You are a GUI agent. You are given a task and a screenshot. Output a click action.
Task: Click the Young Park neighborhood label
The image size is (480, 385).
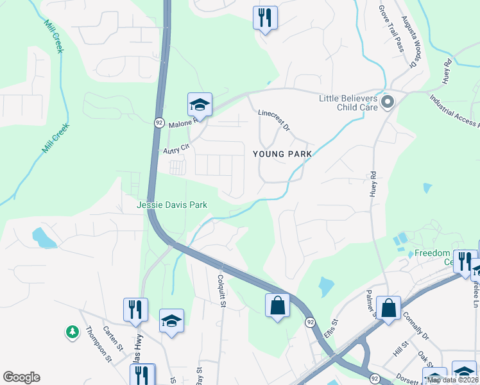coord(282,154)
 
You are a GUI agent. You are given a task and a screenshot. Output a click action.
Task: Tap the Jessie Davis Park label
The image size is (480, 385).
coord(172,205)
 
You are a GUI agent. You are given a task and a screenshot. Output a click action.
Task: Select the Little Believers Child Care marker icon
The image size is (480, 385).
coord(387,102)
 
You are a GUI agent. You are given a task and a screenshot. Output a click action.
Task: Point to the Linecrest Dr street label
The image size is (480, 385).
coord(274,120)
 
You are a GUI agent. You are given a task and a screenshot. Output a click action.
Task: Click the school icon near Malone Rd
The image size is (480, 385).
coord(200,105)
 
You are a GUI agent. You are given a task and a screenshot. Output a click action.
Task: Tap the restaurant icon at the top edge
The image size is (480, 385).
coord(265,17)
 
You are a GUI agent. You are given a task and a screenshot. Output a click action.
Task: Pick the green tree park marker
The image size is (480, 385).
coord(72,332)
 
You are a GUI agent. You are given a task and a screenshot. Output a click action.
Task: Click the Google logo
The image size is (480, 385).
coord(21,377)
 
